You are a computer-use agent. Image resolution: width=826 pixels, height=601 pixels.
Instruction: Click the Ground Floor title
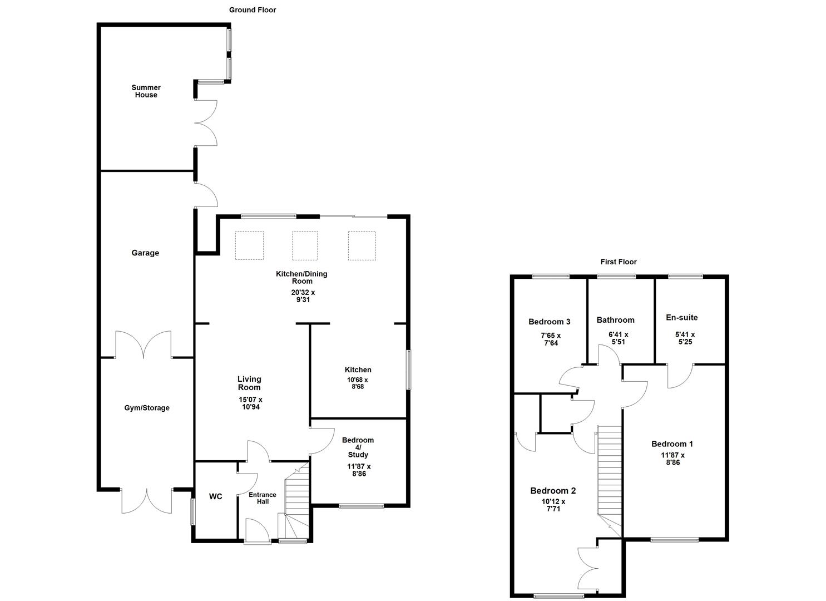click(253, 10)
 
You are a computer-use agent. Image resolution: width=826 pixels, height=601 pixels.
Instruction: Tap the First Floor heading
click(619, 262)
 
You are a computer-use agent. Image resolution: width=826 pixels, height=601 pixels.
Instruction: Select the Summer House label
click(146, 91)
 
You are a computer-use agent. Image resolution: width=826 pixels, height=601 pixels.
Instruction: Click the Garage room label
click(145, 253)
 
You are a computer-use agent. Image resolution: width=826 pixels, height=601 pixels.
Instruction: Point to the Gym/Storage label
click(147, 408)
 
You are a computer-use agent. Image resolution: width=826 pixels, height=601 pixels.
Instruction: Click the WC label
click(216, 496)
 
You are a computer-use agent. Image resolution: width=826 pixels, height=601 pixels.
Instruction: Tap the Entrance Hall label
click(263, 498)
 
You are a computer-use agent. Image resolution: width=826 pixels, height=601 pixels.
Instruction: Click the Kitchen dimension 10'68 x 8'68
click(358, 383)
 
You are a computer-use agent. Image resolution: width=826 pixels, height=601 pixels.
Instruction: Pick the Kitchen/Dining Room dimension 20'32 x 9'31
click(302, 296)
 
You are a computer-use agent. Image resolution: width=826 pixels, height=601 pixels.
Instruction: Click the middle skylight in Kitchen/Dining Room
click(305, 245)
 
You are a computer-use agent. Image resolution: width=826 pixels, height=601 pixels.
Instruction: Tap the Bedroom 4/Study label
click(358, 447)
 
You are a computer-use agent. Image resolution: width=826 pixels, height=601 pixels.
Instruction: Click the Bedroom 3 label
click(549, 322)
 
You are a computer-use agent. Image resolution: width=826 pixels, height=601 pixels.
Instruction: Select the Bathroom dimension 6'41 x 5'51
click(618, 338)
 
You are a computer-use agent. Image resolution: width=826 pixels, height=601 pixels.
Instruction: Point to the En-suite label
click(681, 318)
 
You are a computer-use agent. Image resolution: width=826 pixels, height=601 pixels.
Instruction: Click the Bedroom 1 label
click(672, 444)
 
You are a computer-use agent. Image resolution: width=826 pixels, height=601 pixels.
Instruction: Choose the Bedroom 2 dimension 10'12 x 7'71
click(553, 505)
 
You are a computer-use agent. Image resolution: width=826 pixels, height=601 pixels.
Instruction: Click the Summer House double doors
click(206, 124)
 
